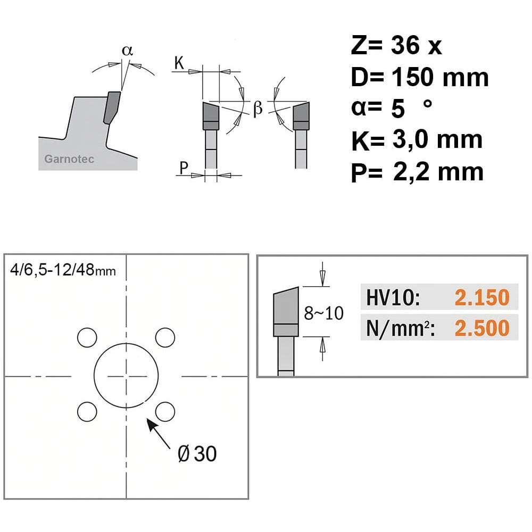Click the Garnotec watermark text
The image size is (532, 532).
point(69,159)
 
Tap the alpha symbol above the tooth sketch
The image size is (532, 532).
point(127,51)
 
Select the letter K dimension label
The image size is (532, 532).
point(179,63)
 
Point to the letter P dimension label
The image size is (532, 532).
point(184,168)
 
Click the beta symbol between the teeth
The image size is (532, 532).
point(257,108)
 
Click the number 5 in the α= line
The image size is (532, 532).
point(398,109)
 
